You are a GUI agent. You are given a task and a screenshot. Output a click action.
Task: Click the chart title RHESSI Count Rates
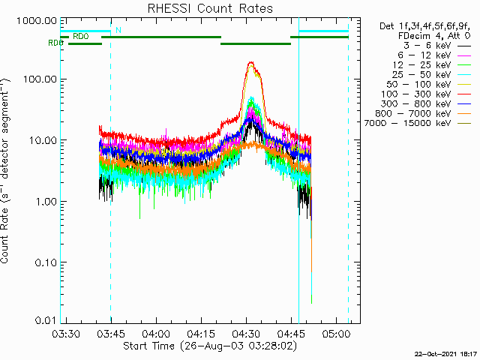coord(209,8)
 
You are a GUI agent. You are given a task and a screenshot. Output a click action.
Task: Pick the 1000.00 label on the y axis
coord(38,20)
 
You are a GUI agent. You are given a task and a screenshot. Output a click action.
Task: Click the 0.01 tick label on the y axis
coord(46,320)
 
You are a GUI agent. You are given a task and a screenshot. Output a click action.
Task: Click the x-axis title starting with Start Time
coord(209,346)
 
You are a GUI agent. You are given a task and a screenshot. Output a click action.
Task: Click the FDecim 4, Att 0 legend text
coord(433,35)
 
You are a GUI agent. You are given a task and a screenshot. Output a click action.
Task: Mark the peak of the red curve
coord(251,63)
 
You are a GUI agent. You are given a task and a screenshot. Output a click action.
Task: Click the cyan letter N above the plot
coord(118,31)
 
